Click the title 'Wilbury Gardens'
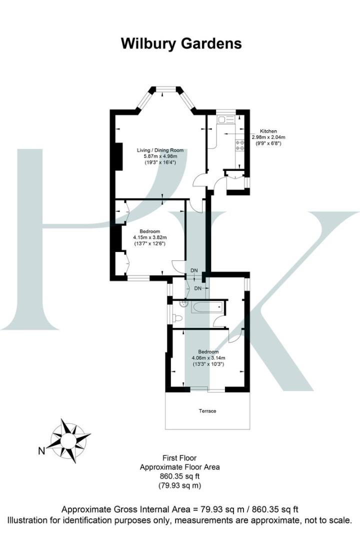pos(181,43)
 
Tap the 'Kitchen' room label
pos(268,131)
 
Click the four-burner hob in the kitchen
pos(239,145)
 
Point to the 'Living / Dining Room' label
pos(160,150)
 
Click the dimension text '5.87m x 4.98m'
pos(160,156)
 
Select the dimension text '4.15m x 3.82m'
pos(149,237)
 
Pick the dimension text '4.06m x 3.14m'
pos(208,357)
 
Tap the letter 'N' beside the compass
pos(41,451)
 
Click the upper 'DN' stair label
pos(194,270)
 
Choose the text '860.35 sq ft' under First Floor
pos(179,476)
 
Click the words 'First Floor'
pos(179,458)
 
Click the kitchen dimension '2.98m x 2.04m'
pos(268,137)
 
